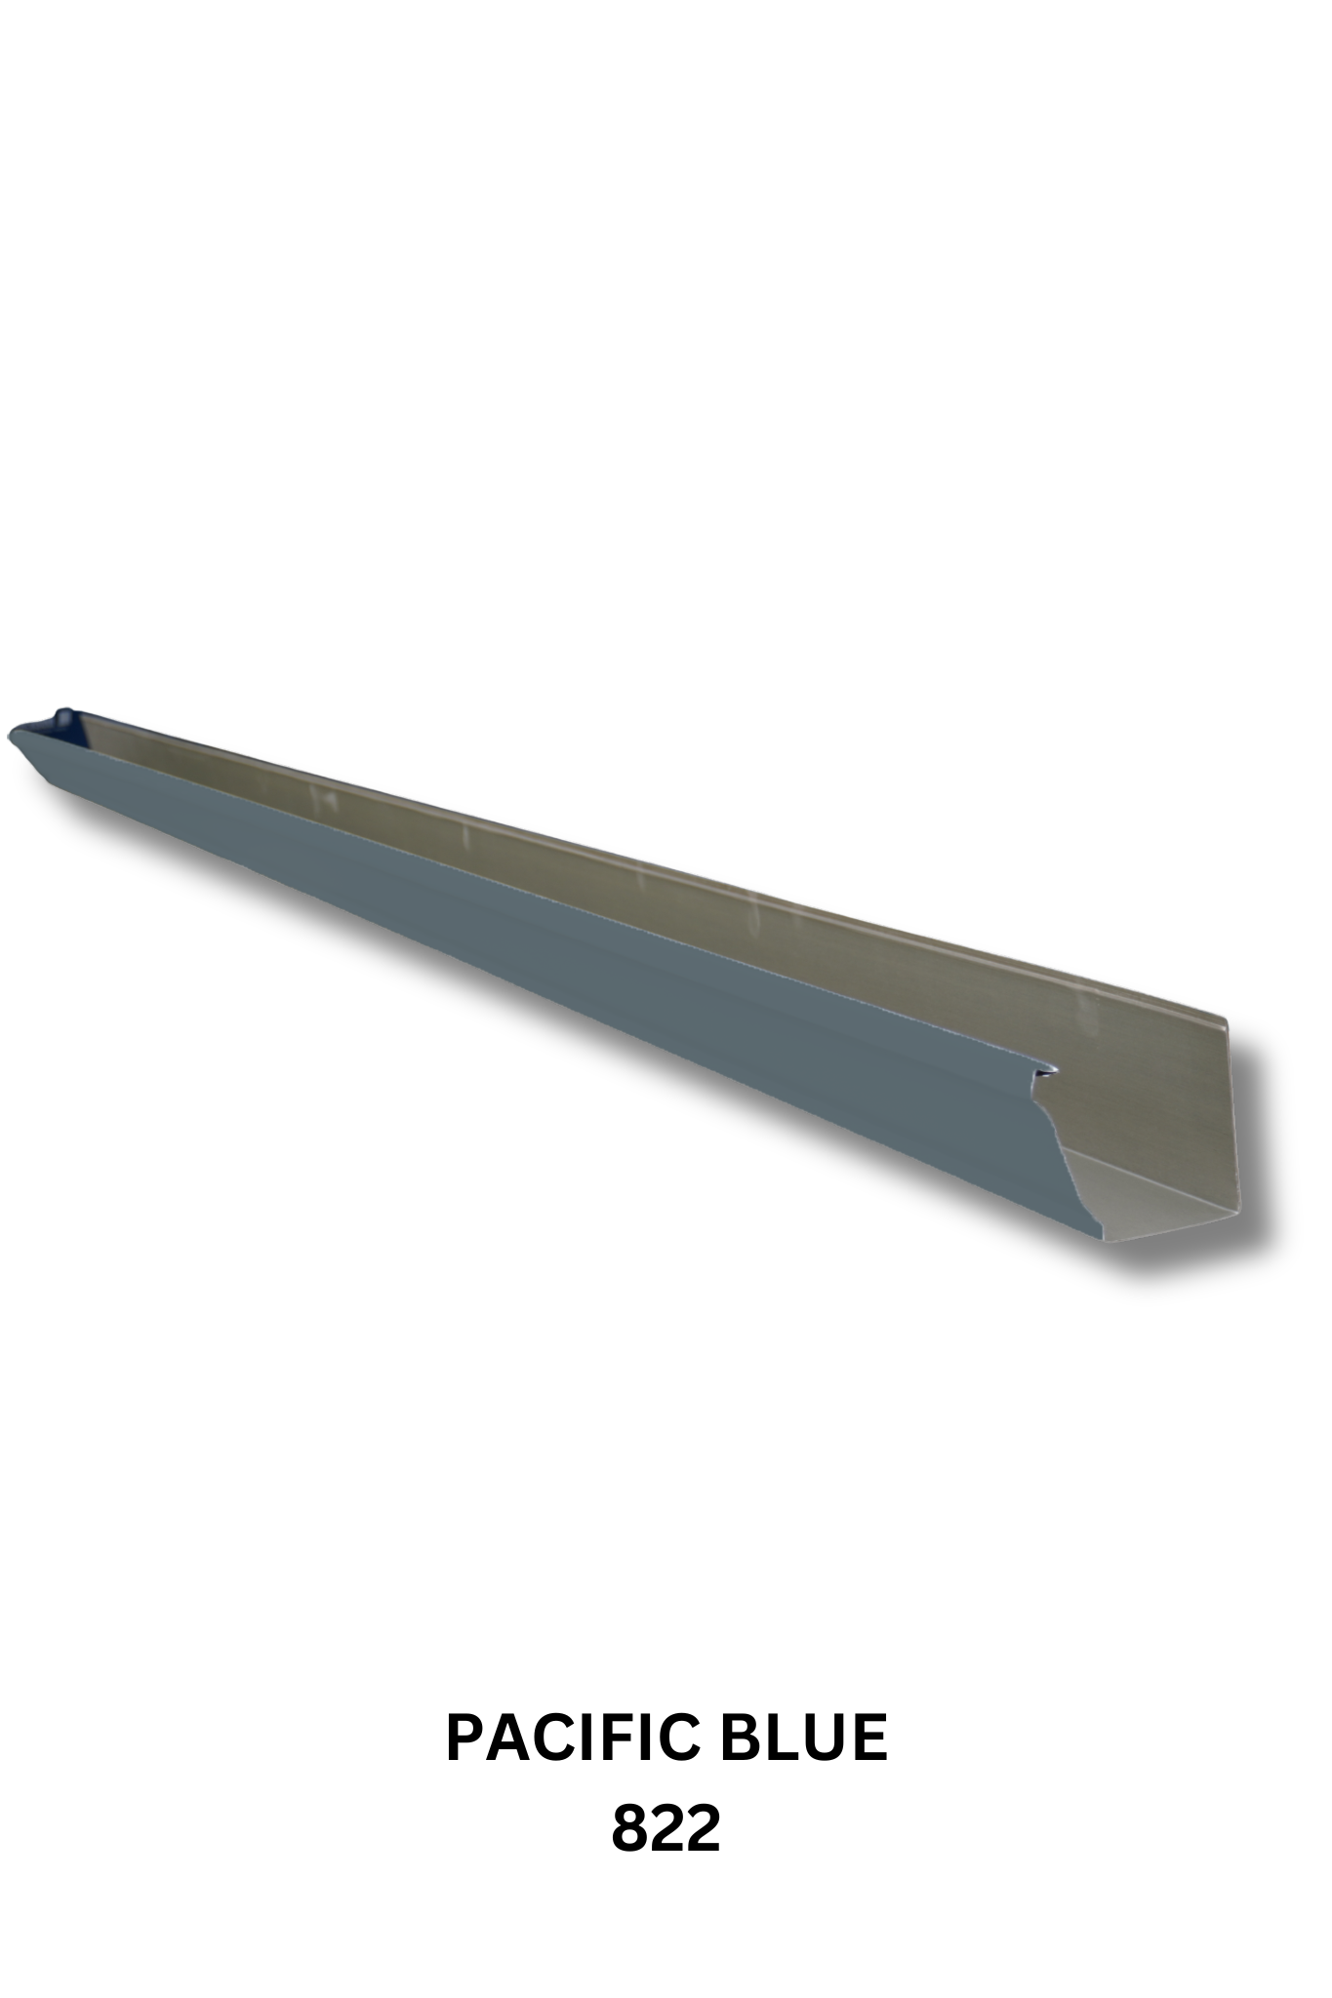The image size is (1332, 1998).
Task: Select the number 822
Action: [666, 1829]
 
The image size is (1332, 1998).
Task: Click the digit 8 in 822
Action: [630, 1829]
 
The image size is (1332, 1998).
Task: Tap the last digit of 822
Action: [703, 1829]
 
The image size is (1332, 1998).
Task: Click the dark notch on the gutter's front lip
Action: [1046, 1071]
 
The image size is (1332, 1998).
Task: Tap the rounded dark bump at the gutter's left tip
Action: [63, 716]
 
